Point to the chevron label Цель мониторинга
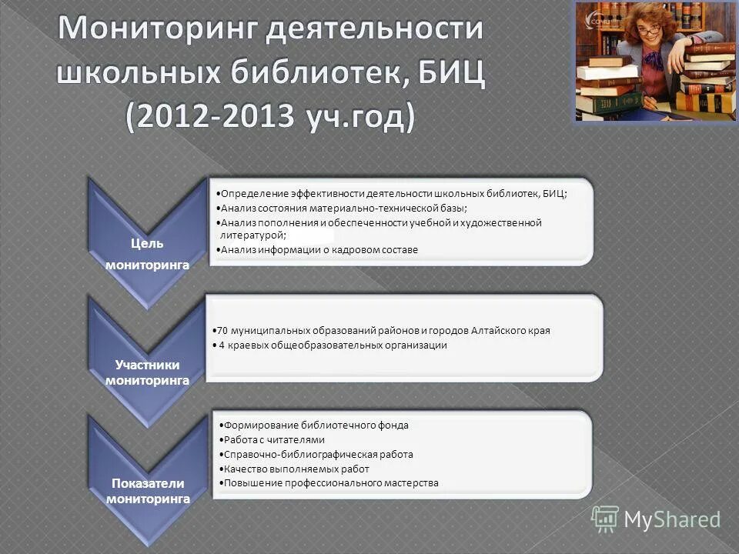(146, 253)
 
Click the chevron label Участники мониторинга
(146, 372)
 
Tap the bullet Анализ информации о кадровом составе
(319, 250)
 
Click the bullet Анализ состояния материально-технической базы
(343, 208)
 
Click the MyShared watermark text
(672, 520)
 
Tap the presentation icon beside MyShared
(605, 519)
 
